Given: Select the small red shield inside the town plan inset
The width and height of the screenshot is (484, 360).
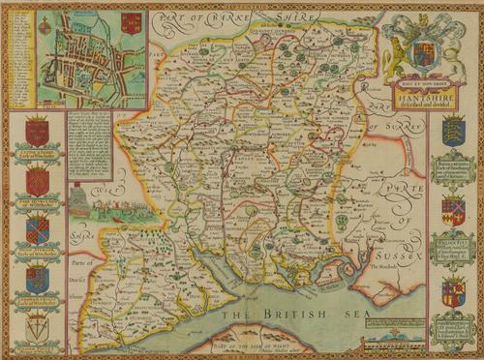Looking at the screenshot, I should (x=132, y=23).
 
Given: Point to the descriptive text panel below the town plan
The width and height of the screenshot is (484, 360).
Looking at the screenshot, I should (x=90, y=146).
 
